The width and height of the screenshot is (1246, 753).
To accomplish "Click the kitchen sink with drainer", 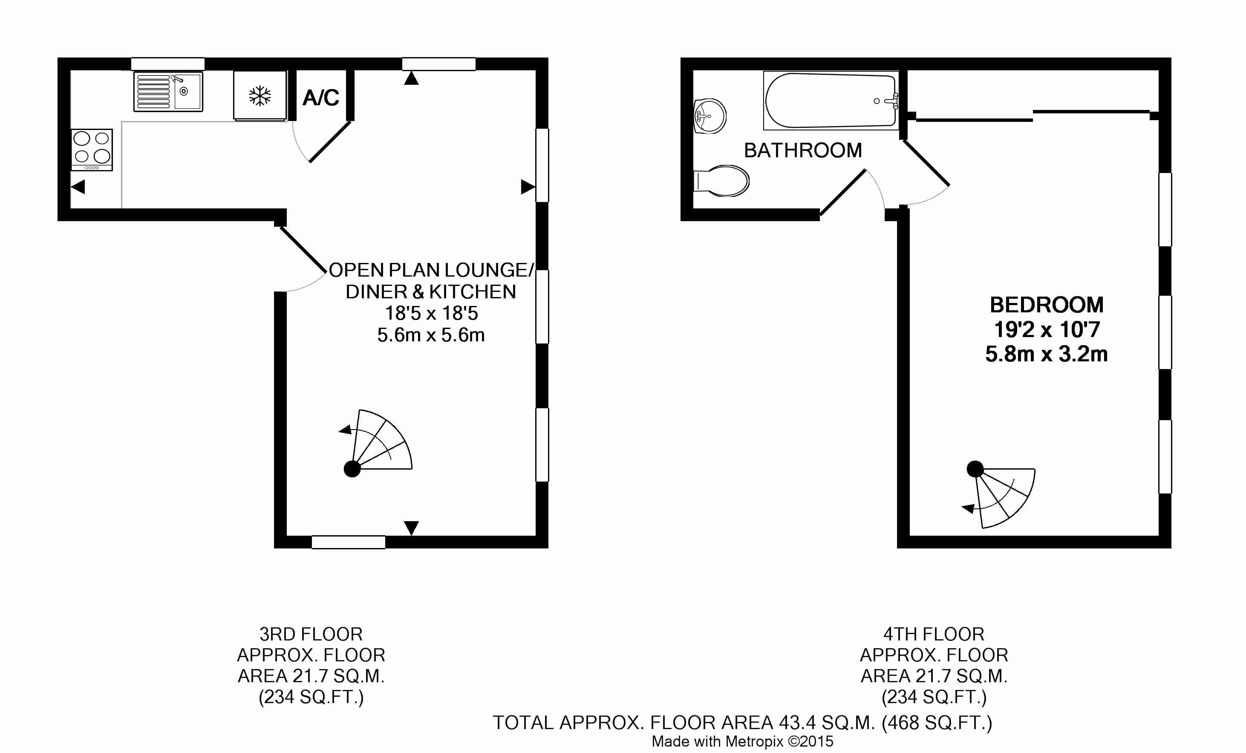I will point(168,92).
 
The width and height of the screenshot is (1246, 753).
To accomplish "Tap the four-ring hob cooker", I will point(92,149).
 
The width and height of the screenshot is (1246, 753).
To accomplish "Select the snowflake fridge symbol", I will point(260,96).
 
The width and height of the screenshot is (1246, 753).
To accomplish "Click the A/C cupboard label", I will point(320,98).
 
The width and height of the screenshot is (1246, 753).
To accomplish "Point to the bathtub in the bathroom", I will point(831,101).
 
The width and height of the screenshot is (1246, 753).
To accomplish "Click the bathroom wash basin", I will point(710,116).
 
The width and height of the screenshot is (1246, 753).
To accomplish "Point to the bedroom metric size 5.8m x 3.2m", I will point(1046,354).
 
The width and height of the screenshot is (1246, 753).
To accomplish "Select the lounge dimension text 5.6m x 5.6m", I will point(431,335).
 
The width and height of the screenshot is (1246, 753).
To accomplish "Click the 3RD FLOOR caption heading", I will point(311,634).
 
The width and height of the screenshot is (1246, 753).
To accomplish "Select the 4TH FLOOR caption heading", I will point(934,634).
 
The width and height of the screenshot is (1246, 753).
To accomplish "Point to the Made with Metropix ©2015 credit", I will point(742,741).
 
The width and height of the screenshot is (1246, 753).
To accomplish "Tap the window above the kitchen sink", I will point(168,64).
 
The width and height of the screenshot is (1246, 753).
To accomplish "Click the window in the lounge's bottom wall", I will point(349,542).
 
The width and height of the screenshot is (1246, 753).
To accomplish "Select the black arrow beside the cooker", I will point(78,187).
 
